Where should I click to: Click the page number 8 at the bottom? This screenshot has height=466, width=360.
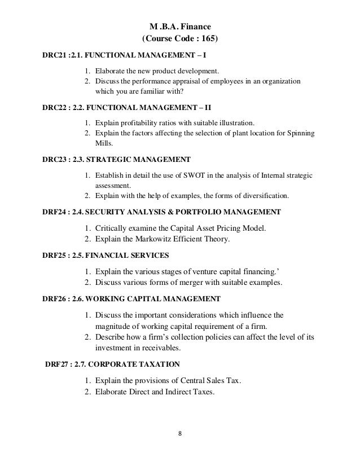click(x=179, y=435)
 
